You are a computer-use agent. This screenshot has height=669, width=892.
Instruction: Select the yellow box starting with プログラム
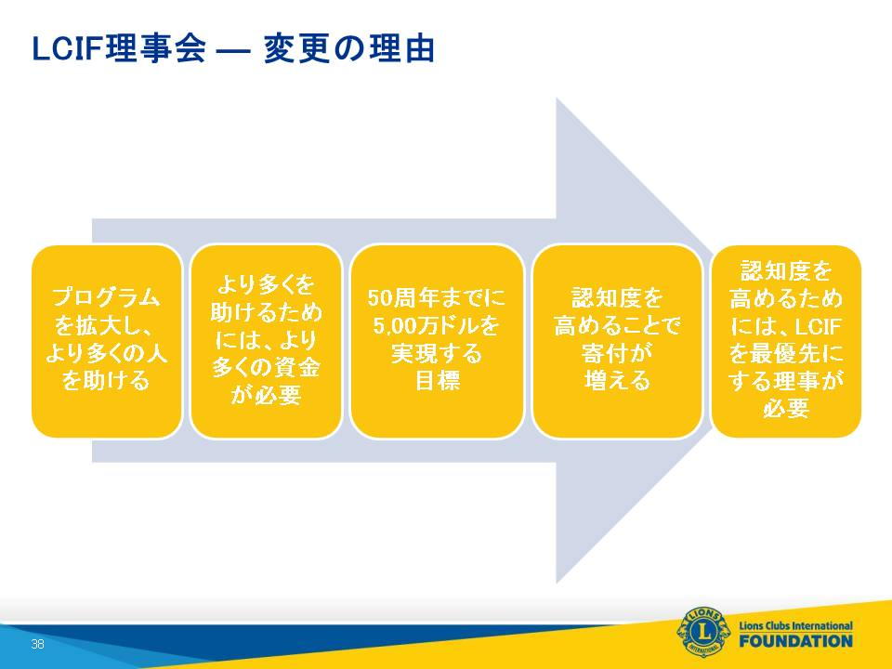coord(106,341)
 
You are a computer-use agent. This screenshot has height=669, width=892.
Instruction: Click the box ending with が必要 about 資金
coord(266,341)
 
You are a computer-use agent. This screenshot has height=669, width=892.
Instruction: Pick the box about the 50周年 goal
coord(437,341)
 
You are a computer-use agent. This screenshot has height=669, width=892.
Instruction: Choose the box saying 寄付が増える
coord(617,341)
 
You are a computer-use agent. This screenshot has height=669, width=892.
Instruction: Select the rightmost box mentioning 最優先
coord(786,341)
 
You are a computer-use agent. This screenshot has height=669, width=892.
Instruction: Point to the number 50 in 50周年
coord(379,297)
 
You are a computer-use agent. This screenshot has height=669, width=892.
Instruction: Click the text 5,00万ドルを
coord(437,325)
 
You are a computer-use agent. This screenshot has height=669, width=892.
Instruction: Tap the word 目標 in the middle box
coord(437,381)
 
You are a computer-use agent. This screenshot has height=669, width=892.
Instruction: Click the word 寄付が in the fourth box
coord(617,353)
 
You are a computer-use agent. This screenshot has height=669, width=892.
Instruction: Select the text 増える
coord(617,381)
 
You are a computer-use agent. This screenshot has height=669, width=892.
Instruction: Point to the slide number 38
coord(37,644)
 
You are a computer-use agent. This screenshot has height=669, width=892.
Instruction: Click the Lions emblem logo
coord(703,632)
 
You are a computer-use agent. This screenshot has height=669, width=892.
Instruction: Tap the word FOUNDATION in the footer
coord(796,641)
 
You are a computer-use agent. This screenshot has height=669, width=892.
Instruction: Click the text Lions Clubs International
coord(796,625)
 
